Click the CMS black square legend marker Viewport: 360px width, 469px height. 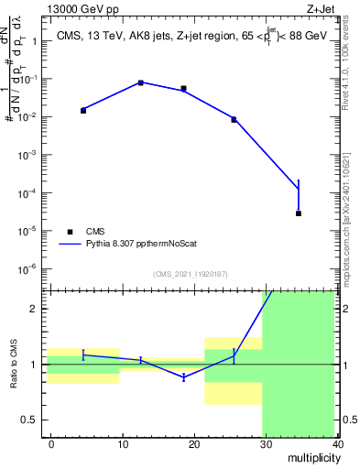click(68, 232)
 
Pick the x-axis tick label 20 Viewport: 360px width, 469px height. click(193, 443)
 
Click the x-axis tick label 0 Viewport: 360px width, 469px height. click(51, 443)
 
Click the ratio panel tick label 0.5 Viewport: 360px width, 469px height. click(28, 420)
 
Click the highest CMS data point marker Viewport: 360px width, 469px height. click(141, 82)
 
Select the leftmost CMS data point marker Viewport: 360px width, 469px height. click(83, 110)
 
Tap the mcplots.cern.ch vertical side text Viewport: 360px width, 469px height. click(347, 215)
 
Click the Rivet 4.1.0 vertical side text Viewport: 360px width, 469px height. click(347, 59)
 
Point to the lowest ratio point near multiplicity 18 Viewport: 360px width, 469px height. click(184, 376)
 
